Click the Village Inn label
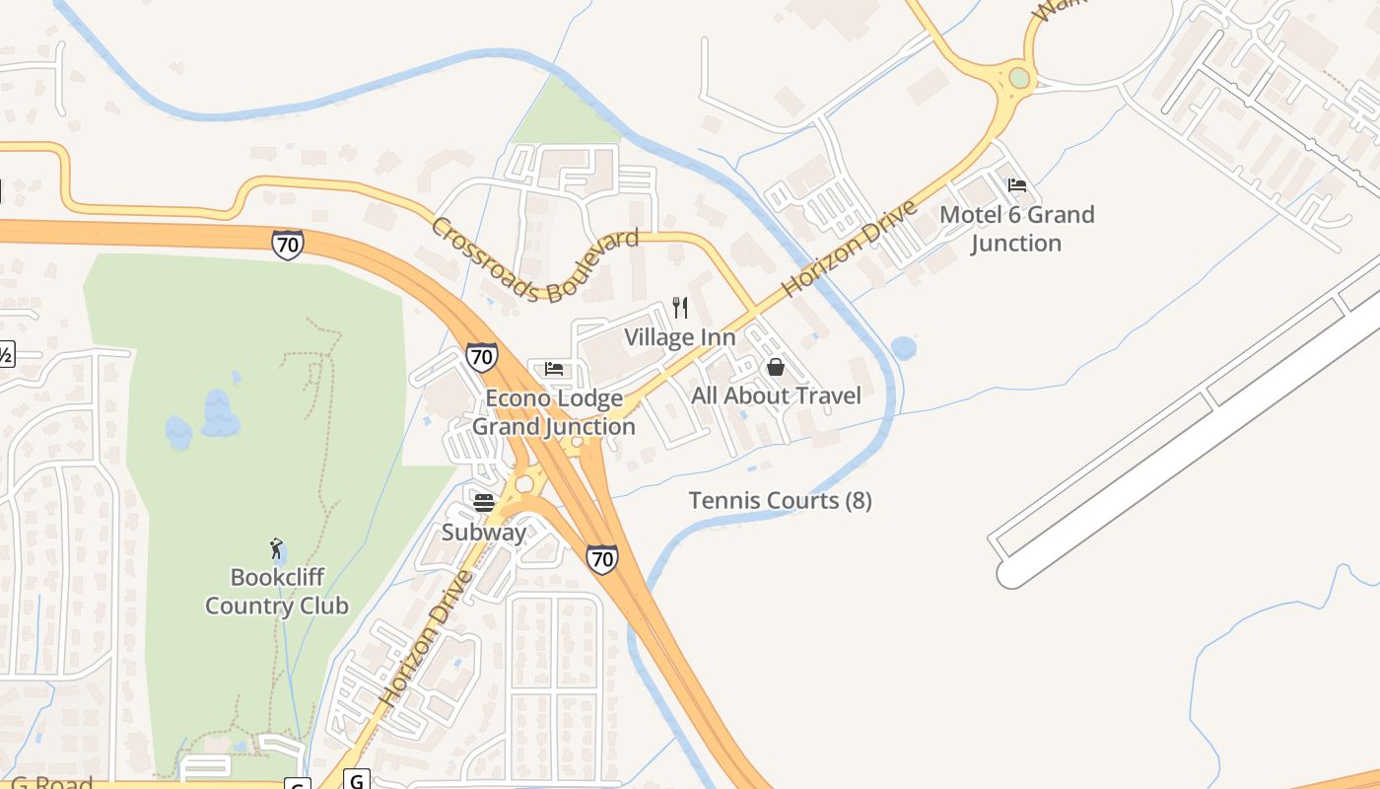(x=679, y=337)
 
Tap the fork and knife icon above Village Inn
(x=680, y=308)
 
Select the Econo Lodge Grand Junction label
(x=554, y=412)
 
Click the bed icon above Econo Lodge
(x=554, y=370)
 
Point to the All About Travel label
(x=776, y=395)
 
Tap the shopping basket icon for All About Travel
(x=776, y=368)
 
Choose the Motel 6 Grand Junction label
(x=1016, y=229)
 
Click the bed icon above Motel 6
(x=1017, y=184)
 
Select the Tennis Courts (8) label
(x=780, y=501)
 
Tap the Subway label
(x=483, y=533)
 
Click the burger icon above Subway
(x=483, y=502)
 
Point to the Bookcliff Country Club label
(x=276, y=591)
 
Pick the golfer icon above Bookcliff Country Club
(x=276, y=548)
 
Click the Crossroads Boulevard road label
(x=533, y=258)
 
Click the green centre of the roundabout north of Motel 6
(x=1019, y=77)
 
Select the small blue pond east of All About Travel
(x=903, y=348)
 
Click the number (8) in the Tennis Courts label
(x=859, y=501)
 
